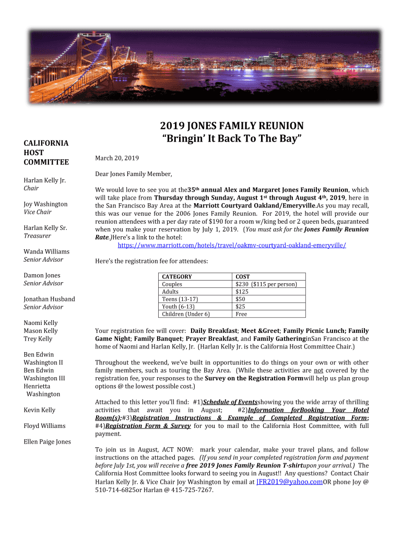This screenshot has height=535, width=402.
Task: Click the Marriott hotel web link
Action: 232,245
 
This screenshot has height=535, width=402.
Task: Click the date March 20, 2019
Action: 117,158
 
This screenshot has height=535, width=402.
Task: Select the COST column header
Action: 243,276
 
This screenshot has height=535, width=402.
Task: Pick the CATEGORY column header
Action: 177,276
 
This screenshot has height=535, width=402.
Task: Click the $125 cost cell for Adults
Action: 242,292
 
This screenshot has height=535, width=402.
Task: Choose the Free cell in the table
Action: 241,314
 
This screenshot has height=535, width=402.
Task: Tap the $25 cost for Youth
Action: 240,306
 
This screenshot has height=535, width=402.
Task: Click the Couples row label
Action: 172,284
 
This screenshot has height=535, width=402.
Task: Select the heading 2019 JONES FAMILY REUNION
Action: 231,126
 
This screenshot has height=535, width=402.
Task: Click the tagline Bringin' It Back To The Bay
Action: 231,139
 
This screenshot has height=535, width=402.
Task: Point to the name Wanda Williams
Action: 46,251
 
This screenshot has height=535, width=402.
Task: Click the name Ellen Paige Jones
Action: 47,441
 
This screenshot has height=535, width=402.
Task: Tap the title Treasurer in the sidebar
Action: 38,236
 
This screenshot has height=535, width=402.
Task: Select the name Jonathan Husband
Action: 49,299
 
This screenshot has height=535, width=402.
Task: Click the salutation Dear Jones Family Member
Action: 134,174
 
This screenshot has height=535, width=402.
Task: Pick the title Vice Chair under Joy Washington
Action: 38,212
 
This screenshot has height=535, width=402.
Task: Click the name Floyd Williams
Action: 44,426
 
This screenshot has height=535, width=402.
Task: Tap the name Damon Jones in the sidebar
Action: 42,275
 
